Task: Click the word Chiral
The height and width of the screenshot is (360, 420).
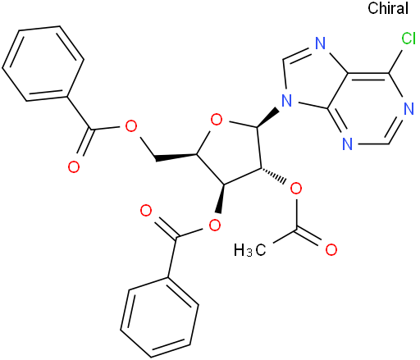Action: (x=388, y=8)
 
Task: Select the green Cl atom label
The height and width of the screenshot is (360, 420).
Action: (x=409, y=39)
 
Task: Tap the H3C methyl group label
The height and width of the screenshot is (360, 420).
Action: (x=249, y=250)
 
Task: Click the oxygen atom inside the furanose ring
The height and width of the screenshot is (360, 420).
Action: (x=217, y=120)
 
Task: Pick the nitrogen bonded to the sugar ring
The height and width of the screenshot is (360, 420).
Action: (x=287, y=101)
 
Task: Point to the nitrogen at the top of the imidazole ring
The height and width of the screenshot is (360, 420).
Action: (x=321, y=43)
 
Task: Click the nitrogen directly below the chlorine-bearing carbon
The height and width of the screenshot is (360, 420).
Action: (x=409, y=109)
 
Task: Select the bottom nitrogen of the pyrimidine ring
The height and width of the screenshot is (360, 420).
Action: (x=348, y=144)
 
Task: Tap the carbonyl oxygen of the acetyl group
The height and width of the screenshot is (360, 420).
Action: (x=331, y=249)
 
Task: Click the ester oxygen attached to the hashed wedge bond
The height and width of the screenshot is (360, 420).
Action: (x=296, y=189)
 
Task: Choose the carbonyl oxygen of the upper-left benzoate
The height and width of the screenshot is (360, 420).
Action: (x=74, y=166)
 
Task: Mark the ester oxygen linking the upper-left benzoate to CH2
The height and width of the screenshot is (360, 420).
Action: (x=130, y=125)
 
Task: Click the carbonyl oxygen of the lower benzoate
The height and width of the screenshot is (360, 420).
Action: (x=146, y=211)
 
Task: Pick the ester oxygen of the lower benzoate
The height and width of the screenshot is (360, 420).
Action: (x=215, y=225)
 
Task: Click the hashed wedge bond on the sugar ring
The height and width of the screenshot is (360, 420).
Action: (x=273, y=175)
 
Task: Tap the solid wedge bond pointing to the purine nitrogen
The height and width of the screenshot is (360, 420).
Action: (x=267, y=118)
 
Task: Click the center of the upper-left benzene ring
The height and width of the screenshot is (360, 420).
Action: (x=43, y=64)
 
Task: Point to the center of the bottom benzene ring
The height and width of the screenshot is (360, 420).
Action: (x=159, y=317)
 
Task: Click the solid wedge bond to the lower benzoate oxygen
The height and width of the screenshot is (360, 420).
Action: (x=220, y=198)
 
